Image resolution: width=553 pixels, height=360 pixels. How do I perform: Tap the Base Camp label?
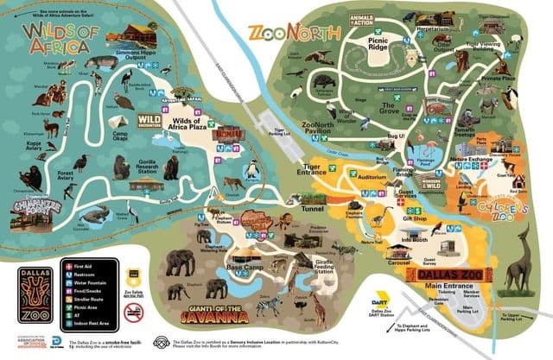[x=244, y=269]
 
